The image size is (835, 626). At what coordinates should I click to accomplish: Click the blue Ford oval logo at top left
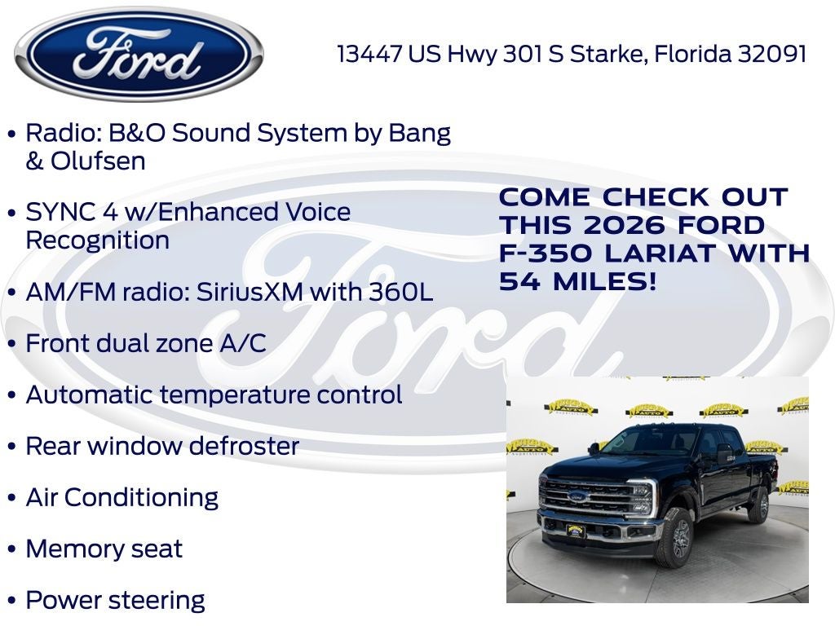[x=139, y=55]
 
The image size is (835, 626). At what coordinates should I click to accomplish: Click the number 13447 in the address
[x=370, y=55]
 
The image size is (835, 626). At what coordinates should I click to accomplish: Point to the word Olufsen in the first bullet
[x=98, y=161]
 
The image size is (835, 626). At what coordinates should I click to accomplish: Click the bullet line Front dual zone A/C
[x=146, y=344]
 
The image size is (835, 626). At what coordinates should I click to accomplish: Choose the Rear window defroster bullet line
[x=162, y=447]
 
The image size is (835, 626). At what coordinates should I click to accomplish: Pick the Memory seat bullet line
[x=104, y=549]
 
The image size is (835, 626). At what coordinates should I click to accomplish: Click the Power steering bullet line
[x=115, y=601]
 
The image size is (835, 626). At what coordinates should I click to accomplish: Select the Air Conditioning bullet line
[x=121, y=498]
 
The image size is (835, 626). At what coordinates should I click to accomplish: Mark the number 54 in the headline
[x=519, y=282]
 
